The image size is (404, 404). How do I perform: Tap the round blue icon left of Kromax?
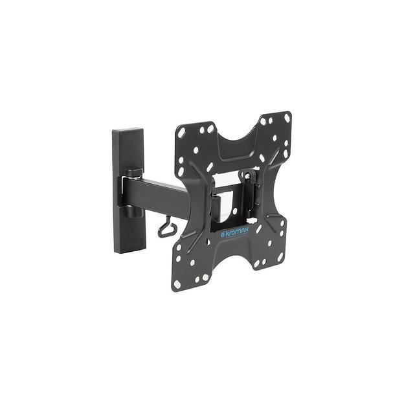coord(223,236)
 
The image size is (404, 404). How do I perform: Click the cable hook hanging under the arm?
coord(166,227)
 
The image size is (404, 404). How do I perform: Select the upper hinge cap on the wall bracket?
coord(134,172)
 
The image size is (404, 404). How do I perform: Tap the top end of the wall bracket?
coord(128,129)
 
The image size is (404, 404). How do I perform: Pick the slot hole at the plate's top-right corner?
coord(287,118)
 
